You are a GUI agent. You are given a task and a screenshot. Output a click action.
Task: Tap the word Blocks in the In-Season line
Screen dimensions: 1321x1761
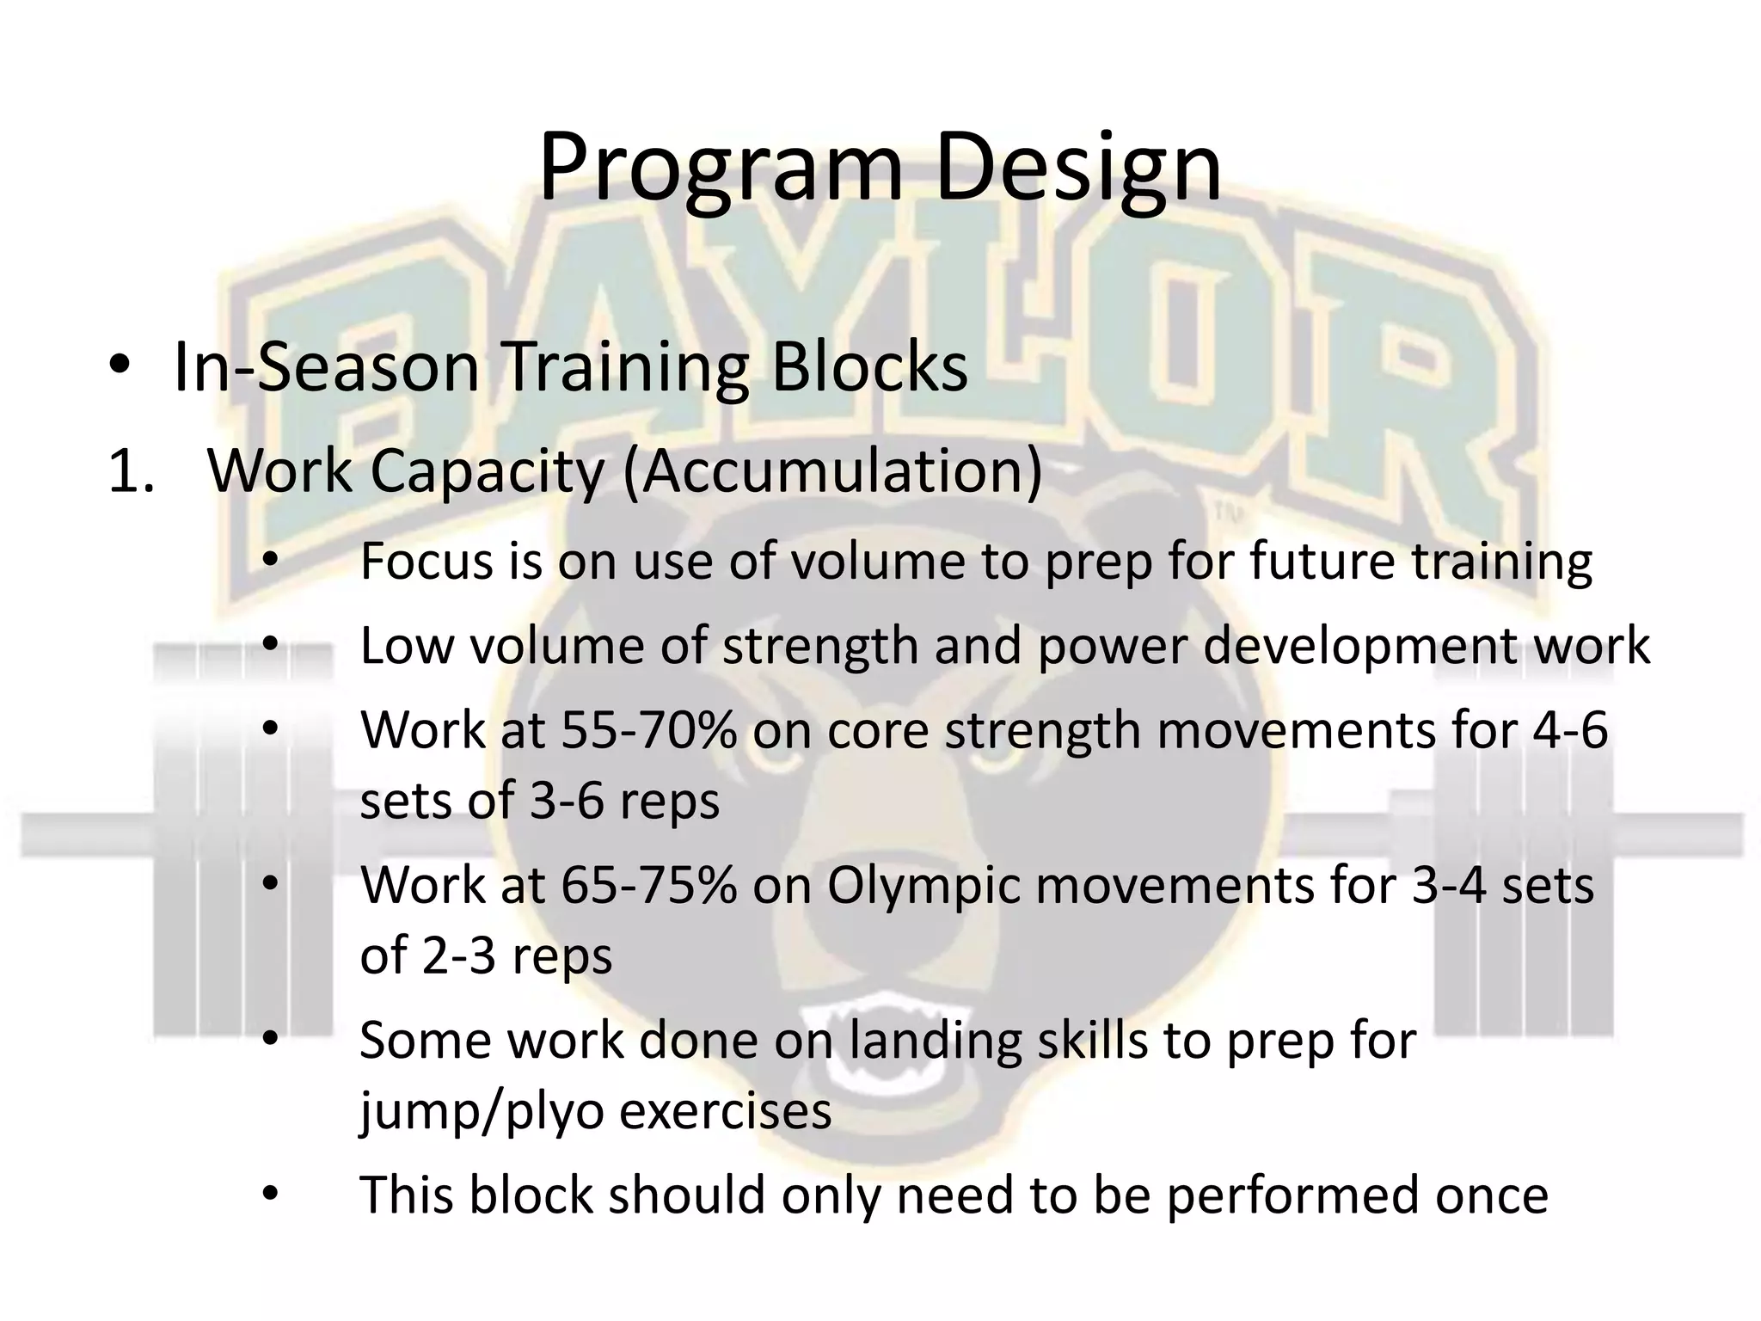click(x=869, y=368)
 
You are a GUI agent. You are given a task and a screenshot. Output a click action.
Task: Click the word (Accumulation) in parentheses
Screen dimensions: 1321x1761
click(x=831, y=473)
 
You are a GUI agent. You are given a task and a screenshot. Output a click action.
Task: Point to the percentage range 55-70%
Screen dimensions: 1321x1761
click(x=648, y=731)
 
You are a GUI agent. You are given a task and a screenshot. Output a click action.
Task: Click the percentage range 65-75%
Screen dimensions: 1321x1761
click(x=648, y=886)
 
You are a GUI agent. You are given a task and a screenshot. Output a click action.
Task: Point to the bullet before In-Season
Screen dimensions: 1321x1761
click(x=120, y=367)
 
